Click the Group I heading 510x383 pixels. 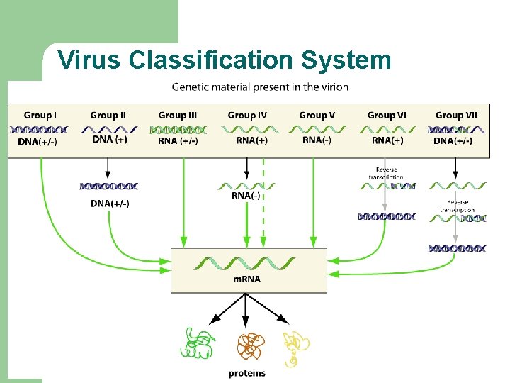[x=40, y=115]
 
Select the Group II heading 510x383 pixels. [x=108, y=115]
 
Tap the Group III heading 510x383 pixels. [x=177, y=115]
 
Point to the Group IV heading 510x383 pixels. [x=247, y=115]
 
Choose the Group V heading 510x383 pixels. [x=317, y=115]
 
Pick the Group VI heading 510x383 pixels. [x=387, y=115]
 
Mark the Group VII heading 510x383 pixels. [x=456, y=115]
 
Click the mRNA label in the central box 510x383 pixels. [x=247, y=279]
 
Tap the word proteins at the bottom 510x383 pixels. [x=247, y=373]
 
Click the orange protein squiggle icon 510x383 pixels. [x=249, y=346]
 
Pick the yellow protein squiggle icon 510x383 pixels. [x=296, y=348]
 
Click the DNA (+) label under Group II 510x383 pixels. [x=110, y=140]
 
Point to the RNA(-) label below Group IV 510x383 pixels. [x=247, y=196]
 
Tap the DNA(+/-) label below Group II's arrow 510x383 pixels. [x=110, y=204]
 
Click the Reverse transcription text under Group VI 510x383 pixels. [x=387, y=173]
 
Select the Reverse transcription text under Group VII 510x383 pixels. [x=457, y=206]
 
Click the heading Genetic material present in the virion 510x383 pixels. [x=260, y=87]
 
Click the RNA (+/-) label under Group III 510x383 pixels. [x=178, y=141]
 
